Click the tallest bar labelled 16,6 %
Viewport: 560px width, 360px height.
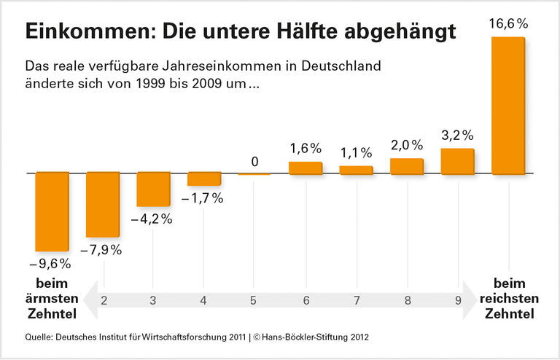click(x=508, y=105)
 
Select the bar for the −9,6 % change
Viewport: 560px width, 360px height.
click(x=52, y=211)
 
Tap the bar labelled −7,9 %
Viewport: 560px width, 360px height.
click(x=103, y=204)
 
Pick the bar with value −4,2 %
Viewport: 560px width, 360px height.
click(x=154, y=189)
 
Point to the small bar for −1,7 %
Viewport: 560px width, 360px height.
click(x=204, y=179)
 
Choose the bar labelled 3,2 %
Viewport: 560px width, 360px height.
click(x=458, y=161)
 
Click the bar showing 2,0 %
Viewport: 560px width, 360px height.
click(x=407, y=166)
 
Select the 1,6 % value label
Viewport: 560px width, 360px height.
click(x=306, y=148)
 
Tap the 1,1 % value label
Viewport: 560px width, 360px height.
click(x=356, y=152)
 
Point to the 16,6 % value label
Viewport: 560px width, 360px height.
click(x=508, y=24)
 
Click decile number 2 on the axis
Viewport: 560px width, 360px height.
click(x=104, y=300)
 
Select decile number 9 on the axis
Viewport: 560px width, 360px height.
click(x=457, y=300)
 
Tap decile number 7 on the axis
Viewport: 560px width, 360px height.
click(x=356, y=300)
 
